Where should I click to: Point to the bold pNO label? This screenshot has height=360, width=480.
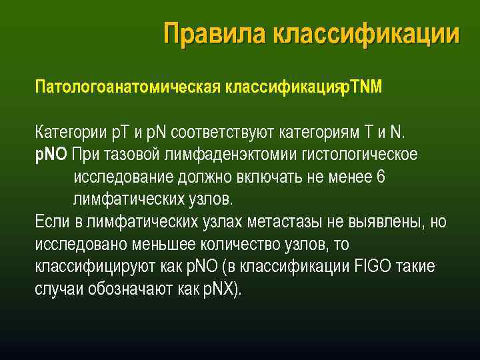[x=51, y=155]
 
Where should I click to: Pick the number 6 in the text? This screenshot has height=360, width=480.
[x=381, y=177]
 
